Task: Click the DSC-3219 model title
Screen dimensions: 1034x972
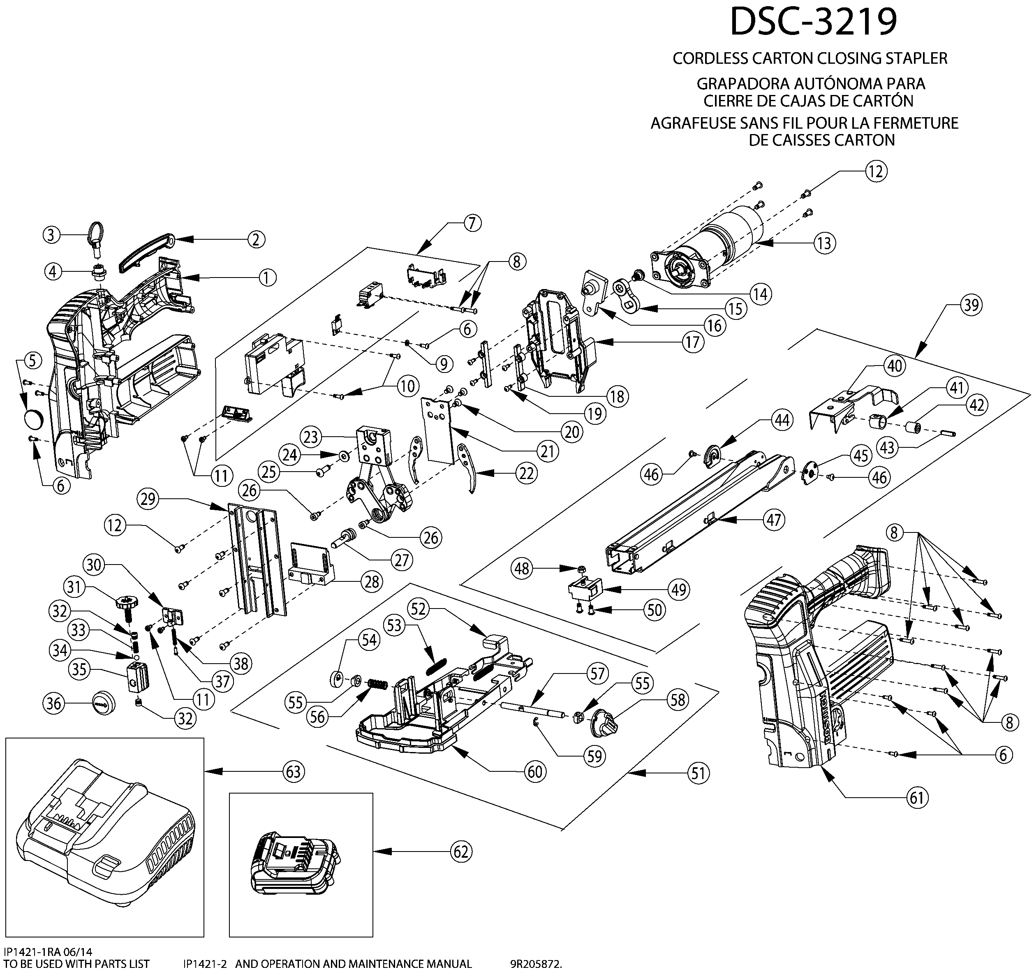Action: (x=814, y=22)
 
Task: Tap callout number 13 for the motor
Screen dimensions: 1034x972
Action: (x=824, y=243)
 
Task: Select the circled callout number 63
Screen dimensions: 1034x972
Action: (x=294, y=771)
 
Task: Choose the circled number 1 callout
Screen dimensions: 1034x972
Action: (x=267, y=277)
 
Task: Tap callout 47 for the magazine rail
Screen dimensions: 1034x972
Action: (x=773, y=520)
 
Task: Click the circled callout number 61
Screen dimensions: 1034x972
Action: (x=916, y=797)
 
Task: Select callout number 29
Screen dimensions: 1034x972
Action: (x=148, y=499)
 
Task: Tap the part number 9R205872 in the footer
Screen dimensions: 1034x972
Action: (x=536, y=964)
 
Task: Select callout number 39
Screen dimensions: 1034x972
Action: (x=971, y=305)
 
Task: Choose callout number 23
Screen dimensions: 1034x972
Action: (x=311, y=436)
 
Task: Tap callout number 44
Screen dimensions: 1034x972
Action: (x=782, y=420)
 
